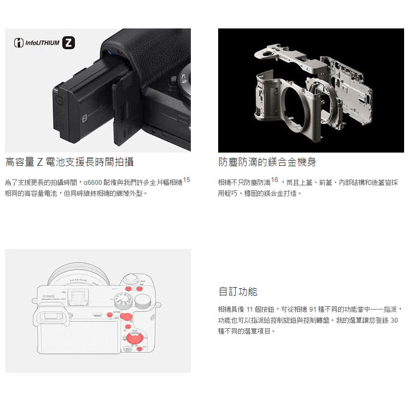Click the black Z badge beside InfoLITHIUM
point(68,43)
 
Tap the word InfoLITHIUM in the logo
point(42,43)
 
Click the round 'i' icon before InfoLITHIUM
point(19,43)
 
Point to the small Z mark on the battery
point(84,118)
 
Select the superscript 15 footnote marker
point(186,180)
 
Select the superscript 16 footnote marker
point(274,180)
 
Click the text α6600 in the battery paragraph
point(92,183)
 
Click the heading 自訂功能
point(238,291)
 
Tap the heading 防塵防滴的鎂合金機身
point(267,162)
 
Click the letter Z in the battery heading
point(39,162)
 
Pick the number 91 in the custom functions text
point(313,310)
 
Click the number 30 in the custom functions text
point(394,320)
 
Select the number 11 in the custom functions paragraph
point(250,310)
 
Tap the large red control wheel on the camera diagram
point(135,339)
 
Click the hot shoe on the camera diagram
point(78,297)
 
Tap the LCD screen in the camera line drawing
point(78,337)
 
